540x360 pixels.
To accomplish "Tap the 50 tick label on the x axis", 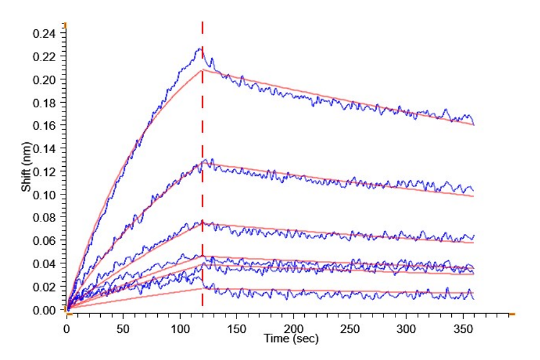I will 123,329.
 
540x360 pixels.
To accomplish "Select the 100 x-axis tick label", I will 179,329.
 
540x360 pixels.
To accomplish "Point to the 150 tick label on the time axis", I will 236,329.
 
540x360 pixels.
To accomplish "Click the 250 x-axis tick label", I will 350,329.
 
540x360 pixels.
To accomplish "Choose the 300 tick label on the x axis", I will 406,329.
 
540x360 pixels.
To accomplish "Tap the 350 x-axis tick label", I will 463,329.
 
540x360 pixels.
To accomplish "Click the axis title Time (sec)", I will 292,339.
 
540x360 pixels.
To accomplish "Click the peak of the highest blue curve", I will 199,49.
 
